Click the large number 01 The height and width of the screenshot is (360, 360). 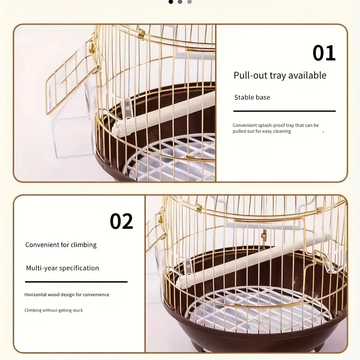(x=324, y=53)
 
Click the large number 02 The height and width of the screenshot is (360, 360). (x=121, y=221)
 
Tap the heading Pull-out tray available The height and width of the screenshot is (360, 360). (x=280, y=75)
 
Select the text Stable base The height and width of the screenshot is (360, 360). (x=252, y=97)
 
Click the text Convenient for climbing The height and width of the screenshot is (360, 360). (x=61, y=245)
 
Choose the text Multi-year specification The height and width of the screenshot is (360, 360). (x=63, y=268)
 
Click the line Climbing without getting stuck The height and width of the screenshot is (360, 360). (x=54, y=310)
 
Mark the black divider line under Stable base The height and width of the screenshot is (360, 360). (x=284, y=111)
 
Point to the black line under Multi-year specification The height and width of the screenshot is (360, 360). (x=76, y=282)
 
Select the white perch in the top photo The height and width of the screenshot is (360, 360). (x=163, y=114)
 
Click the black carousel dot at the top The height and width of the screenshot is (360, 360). (x=171, y=2)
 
